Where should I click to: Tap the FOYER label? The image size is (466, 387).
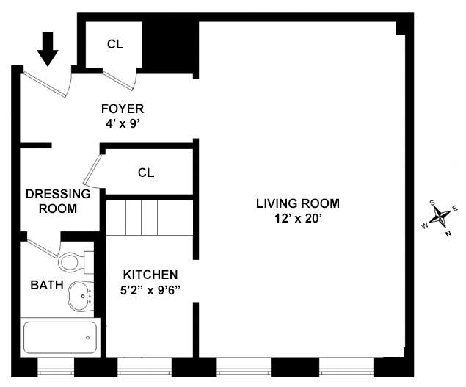[123, 109]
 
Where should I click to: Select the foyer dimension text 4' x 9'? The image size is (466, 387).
[123, 124]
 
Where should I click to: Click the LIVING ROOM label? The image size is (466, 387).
[298, 203]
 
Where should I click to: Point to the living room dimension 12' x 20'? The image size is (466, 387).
[298, 218]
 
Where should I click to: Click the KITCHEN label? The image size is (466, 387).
[150, 274]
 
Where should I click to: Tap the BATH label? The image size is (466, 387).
[46, 285]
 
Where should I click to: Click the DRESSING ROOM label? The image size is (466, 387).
[58, 201]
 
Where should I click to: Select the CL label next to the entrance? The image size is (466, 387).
[115, 44]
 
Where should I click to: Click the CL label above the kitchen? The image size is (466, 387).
[146, 173]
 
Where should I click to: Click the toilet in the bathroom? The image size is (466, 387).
[74, 261]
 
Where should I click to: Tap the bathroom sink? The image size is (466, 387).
[79, 296]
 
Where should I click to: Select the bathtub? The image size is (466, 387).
[59, 337]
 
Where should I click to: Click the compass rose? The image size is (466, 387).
[440, 217]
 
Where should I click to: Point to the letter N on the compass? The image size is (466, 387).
[448, 234]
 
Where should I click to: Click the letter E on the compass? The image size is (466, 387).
[455, 209]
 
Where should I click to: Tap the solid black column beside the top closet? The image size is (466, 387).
[170, 46]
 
